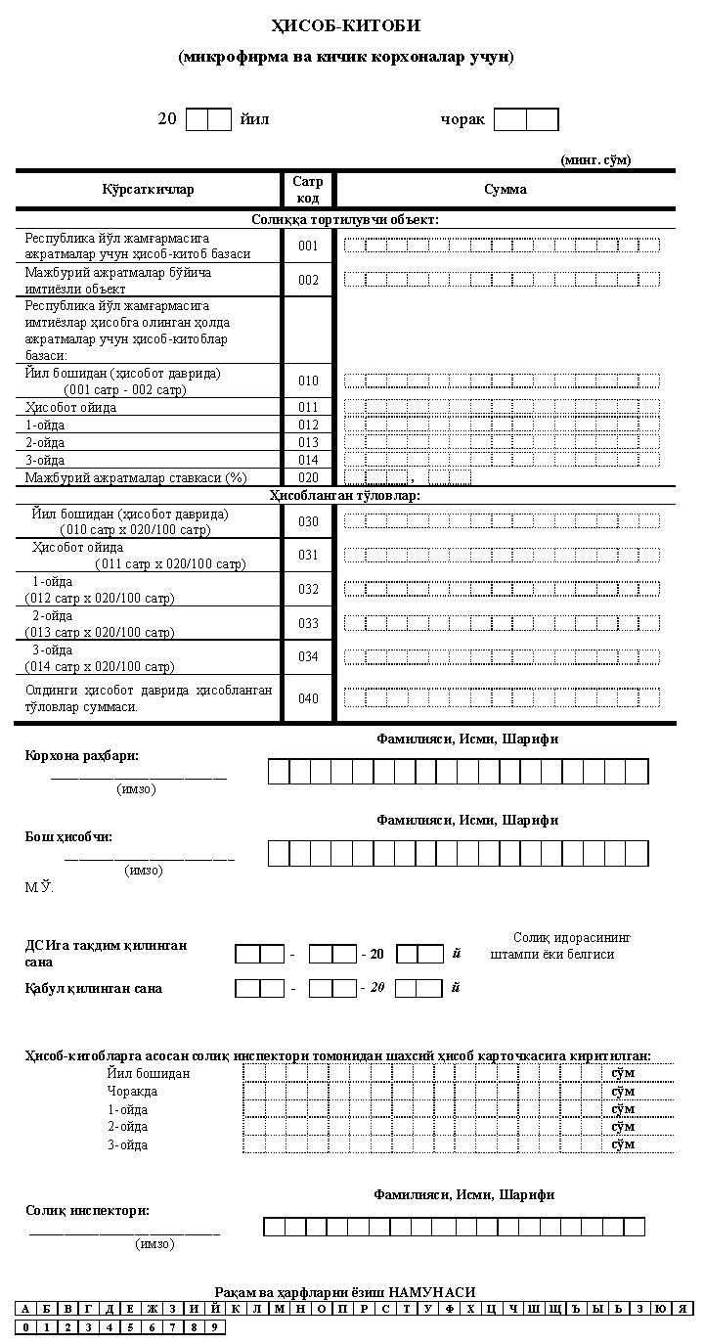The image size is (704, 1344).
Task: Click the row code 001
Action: click(x=308, y=246)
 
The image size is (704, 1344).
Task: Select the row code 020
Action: click(x=308, y=477)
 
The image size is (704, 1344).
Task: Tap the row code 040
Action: click(x=308, y=698)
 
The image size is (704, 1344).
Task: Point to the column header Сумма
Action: click(x=505, y=189)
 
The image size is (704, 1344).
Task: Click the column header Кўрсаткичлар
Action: click(x=148, y=189)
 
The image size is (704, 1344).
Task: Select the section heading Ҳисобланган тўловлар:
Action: click(x=345, y=496)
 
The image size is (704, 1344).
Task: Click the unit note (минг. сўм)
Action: click(x=594, y=158)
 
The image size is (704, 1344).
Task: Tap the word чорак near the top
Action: click(x=462, y=119)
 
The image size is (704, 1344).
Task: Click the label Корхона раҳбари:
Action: click(x=82, y=756)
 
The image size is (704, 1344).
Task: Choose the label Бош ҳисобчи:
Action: click(x=68, y=836)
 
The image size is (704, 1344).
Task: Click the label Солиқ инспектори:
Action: click(x=87, y=1210)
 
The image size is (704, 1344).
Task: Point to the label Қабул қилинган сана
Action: click(x=94, y=988)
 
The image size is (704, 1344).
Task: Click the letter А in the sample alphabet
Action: click(x=25, y=1309)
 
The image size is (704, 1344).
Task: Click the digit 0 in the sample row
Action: click(x=25, y=1327)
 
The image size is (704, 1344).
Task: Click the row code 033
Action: click(x=308, y=623)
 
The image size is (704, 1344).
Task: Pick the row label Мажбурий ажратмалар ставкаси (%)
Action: click(x=136, y=477)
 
